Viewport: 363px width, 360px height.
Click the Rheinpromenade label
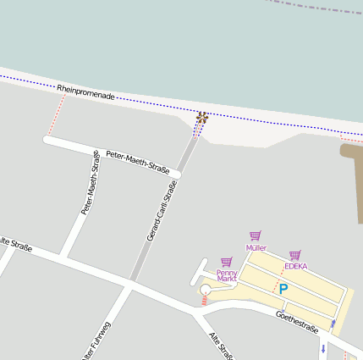(85, 91)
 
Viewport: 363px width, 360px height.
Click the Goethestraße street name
(296, 322)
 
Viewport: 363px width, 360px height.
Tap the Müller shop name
(256, 248)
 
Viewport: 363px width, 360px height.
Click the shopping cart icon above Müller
(256, 236)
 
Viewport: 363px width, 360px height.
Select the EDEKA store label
(295, 266)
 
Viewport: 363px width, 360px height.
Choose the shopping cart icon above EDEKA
(294, 254)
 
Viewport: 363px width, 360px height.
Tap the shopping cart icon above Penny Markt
(226, 263)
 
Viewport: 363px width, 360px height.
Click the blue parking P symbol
(283, 289)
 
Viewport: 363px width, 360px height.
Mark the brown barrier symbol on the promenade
(201, 118)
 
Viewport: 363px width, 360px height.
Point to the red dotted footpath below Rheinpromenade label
(57, 114)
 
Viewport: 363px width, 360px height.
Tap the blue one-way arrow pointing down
(323, 347)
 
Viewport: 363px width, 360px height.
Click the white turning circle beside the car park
(205, 291)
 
